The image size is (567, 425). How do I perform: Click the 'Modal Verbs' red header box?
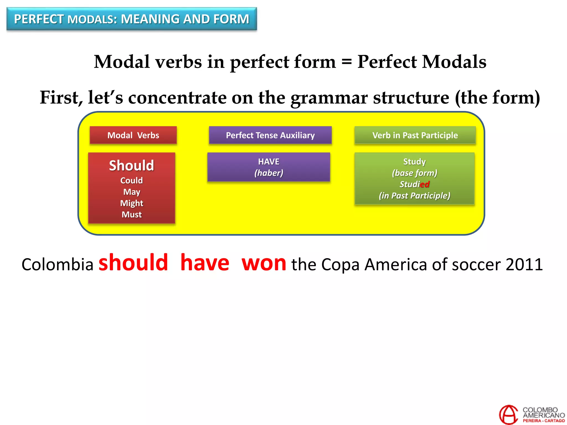(x=133, y=135)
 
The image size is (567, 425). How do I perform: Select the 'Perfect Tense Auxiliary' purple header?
(x=270, y=135)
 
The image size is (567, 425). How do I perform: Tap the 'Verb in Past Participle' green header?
(x=415, y=135)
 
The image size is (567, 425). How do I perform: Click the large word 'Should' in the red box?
(x=132, y=165)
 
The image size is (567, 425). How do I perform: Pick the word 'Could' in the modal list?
(x=132, y=180)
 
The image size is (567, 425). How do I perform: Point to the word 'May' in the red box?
(x=132, y=192)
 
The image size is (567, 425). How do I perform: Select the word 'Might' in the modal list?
(x=132, y=203)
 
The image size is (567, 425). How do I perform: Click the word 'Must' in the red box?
(x=132, y=214)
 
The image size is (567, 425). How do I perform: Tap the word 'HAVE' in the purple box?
(x=269, y=162)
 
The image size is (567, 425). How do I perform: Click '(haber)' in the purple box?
(x=269, y=173)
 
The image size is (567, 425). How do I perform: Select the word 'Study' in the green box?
(x=414, y=162)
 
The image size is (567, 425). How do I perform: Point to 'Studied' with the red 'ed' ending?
(x=414, y=184)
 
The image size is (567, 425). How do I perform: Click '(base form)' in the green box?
(x=414, y=173)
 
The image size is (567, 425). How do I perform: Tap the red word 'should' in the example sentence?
(x=133, y=263)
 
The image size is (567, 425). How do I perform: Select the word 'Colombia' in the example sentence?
(x=58, y=265)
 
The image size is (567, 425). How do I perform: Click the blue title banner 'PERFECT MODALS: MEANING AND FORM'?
(x=132, y=19)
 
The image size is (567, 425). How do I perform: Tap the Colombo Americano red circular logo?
(x=508, y=414)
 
